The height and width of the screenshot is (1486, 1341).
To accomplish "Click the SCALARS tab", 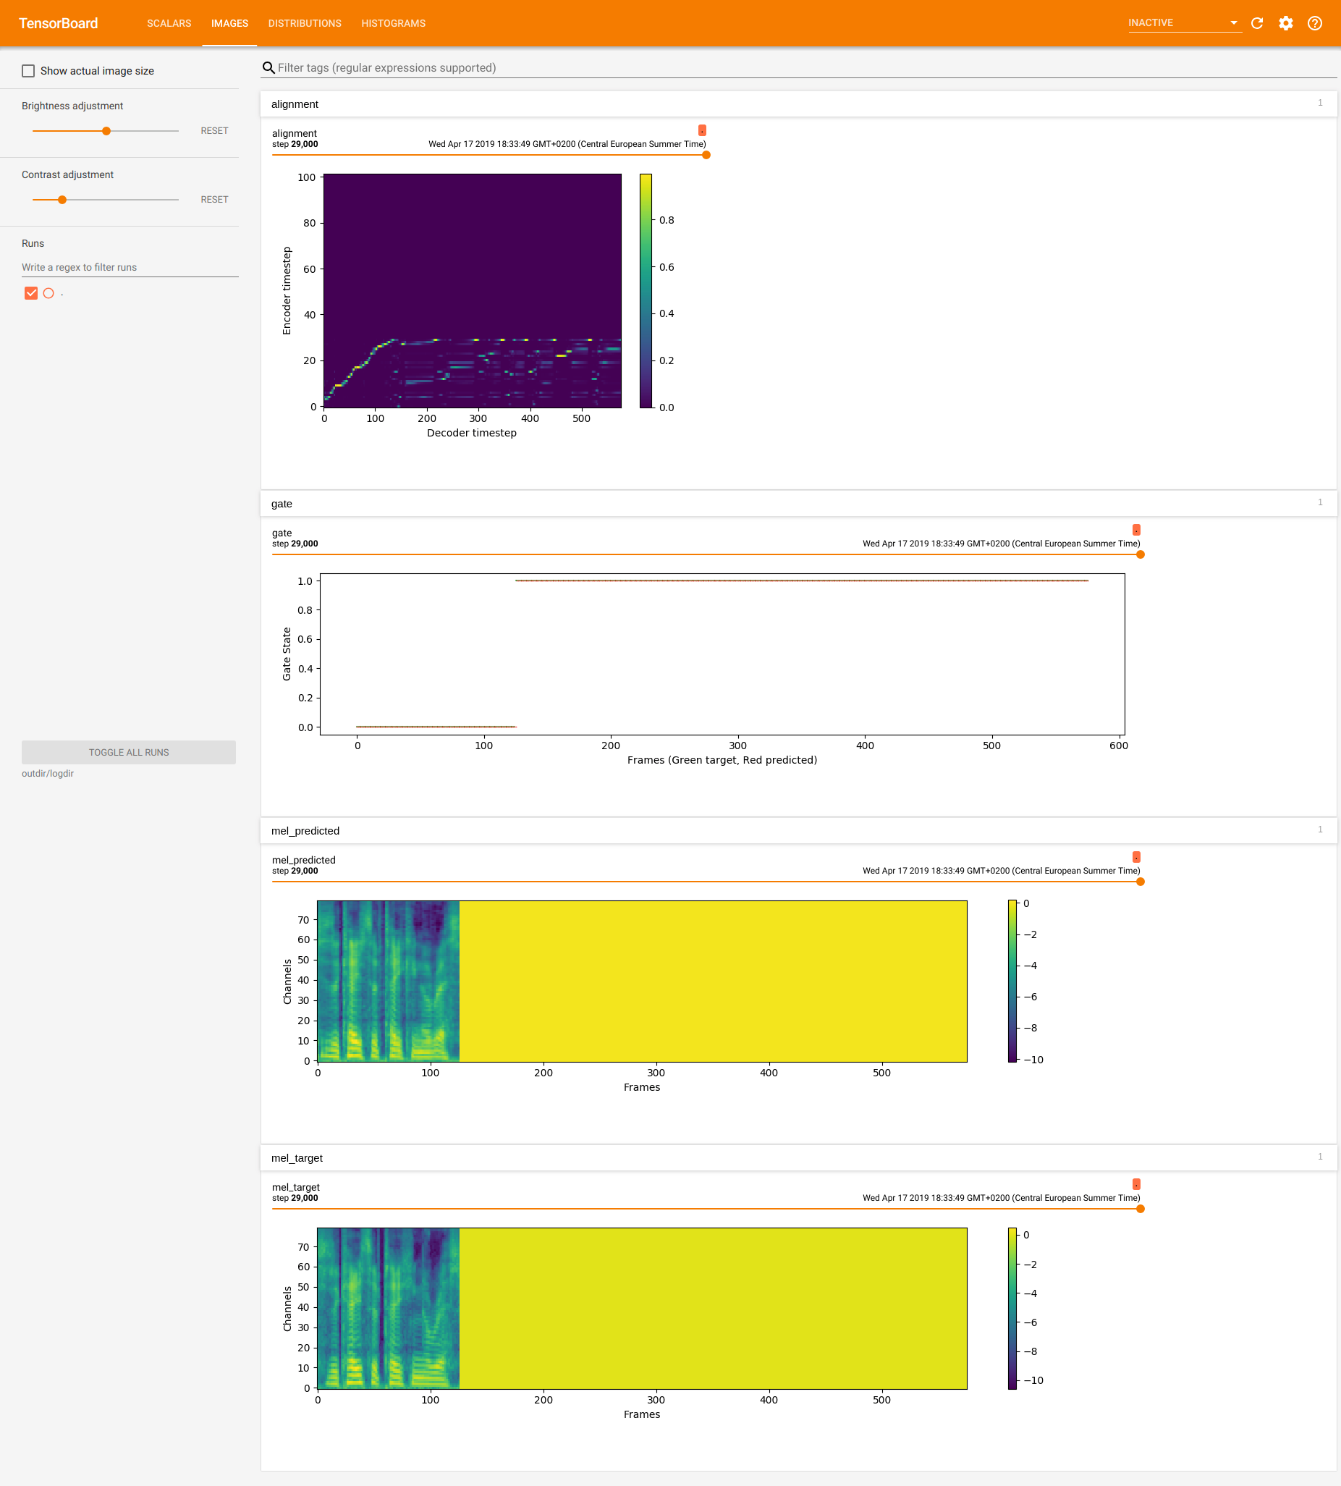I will (x=169, y=24).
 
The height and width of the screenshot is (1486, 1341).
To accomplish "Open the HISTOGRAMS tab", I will (x=393, y=24).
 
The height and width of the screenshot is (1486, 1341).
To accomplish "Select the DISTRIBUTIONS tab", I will (x=304, y=24).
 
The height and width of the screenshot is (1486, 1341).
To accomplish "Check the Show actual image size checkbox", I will (x=29, y=71).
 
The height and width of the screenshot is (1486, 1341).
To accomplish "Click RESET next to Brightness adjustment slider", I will (x=214, y=130).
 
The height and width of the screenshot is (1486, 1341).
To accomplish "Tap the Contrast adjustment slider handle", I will (x=63, y=200).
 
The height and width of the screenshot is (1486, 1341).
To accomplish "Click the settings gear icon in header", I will (x=1286, y=24).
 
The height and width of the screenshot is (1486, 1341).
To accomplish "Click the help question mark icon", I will (x=1314, y=24).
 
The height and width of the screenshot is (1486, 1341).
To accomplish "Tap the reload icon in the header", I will (x=1257, y=24).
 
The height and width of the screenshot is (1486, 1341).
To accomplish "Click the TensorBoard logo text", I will (x=58, y=24).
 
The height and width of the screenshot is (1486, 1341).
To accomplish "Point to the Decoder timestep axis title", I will (x=472, y=433).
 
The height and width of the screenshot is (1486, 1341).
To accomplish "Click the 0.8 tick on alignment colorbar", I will (x=666, y=220).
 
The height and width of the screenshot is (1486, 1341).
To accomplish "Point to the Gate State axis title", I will (x=287, y=654).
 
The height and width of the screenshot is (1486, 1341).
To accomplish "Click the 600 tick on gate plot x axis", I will (x=1119, y=746).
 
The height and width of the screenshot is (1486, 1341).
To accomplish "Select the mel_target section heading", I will (x=297, y=1158).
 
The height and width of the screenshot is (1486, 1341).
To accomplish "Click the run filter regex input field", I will (x=129, y=268).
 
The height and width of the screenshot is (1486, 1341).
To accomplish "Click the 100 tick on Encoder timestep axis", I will (x=307, y=177).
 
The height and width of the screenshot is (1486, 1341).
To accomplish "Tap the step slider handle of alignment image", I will (x=706, y=155).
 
